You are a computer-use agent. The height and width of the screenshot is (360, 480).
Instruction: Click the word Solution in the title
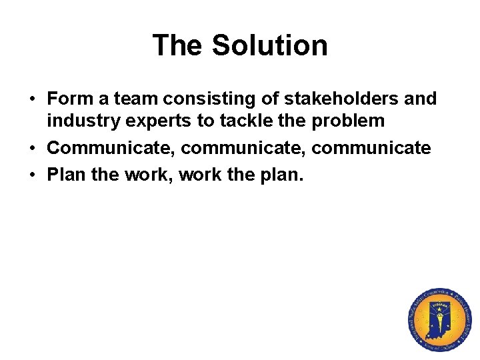click(269, 45)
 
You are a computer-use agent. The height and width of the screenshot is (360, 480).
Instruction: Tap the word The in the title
click(178, 45)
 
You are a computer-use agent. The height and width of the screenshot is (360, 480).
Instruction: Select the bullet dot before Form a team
click(32, 99)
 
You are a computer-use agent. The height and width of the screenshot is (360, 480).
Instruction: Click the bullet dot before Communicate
click(32, 148)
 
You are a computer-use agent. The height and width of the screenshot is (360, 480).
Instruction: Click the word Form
click(69, 99)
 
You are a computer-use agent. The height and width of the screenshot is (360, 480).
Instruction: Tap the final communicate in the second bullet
click(371, 147)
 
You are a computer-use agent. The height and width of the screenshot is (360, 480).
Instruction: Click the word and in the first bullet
click(421, 99)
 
